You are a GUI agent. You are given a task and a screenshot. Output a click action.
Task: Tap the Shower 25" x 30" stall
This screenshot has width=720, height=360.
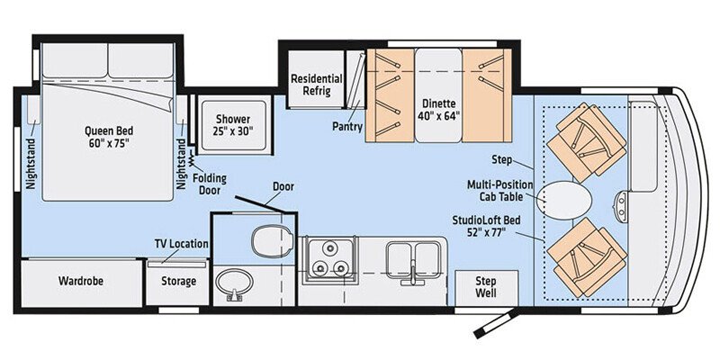[x=226, y=124]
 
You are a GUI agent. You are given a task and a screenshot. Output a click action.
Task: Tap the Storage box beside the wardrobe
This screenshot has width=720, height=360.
[x=178, y=282]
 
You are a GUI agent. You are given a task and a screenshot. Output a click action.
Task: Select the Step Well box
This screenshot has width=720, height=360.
[x=478, y=287]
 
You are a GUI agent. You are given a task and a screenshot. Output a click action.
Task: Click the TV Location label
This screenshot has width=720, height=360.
[x=182, y=244]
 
